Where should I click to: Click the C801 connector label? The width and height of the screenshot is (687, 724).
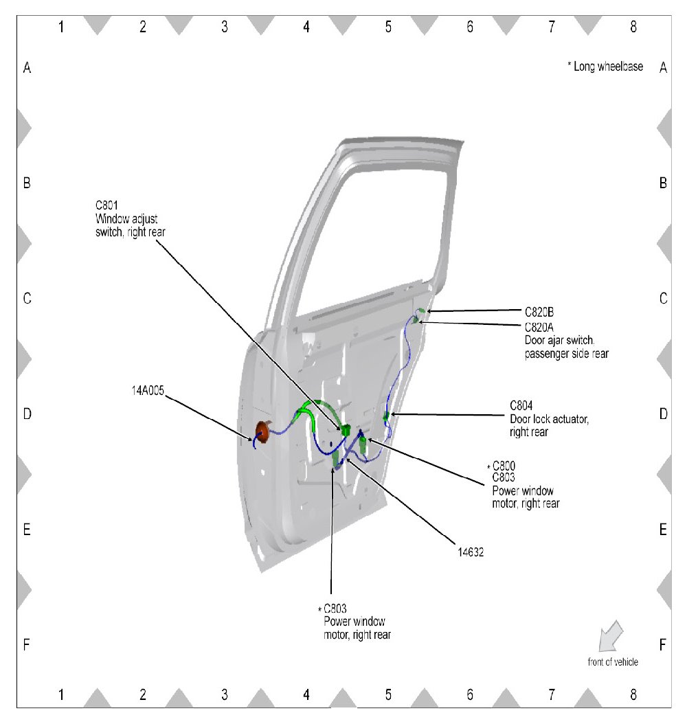[107, 204]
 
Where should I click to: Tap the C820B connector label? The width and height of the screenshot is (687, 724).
[539, 311]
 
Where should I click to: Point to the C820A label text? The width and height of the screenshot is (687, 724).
[539, 327]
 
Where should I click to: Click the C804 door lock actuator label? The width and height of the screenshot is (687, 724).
[521, 405]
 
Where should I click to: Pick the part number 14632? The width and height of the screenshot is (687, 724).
[471, 550]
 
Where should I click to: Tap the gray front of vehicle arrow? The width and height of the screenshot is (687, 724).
[610, 636]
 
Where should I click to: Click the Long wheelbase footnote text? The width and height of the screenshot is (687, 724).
[605, 67]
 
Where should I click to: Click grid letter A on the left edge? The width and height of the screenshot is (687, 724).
[27, 68]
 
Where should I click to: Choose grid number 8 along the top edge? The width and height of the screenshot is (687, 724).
[633, 27]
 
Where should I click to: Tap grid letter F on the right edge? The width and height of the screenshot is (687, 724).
[663, 645]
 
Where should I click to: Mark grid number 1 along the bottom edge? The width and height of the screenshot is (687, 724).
[61, 695]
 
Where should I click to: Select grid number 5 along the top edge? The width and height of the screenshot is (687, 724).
[388, 27]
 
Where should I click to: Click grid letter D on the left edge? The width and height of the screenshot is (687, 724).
[27, 414]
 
